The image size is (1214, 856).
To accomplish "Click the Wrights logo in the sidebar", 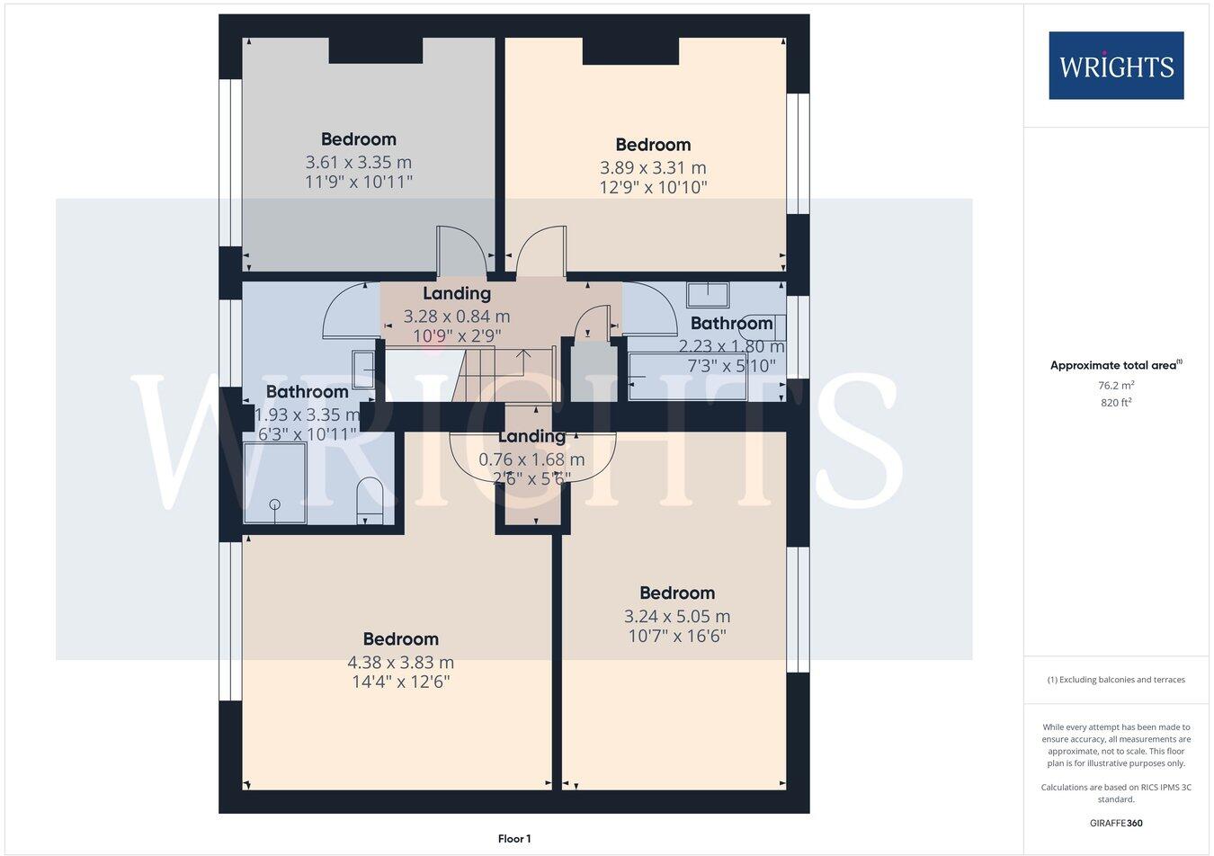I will point(1116,66).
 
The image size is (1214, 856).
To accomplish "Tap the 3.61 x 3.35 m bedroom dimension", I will point(358,163).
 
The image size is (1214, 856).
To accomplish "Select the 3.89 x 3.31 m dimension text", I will point(653,168).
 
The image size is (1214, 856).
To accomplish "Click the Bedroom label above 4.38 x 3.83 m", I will point(401,639).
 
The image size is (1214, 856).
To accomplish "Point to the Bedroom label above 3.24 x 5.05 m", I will point(677,593).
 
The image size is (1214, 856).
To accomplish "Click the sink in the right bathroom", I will point(709,294).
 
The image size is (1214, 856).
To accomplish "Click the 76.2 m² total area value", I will point(1116,385).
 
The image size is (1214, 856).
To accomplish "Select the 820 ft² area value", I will point(1116,403).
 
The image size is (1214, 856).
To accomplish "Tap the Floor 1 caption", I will point(514,839).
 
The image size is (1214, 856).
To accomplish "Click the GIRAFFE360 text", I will point(1116,823).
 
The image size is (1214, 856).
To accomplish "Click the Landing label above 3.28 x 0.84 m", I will point(457,293).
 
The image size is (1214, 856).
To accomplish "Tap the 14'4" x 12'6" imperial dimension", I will point(401,682).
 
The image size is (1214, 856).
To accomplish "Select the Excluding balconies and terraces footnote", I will point(1116,680).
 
